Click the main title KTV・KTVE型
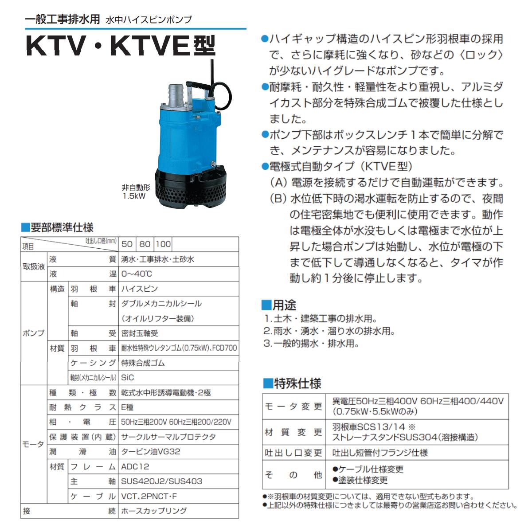point(121,46)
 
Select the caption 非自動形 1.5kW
point(136,192)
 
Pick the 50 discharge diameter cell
point(127,244)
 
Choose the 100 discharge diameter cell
point(163,244)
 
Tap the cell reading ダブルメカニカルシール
point(161,304)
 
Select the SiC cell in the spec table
point(128,378)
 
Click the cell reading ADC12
point(135,466)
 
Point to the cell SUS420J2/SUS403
point(161,481)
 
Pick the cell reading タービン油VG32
point(151,452)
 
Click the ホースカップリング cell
point(154,511)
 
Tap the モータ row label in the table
point(33,444)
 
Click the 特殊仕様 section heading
point(292,383)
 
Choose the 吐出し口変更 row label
point(293,453)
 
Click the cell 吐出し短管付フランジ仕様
point(380,453)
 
